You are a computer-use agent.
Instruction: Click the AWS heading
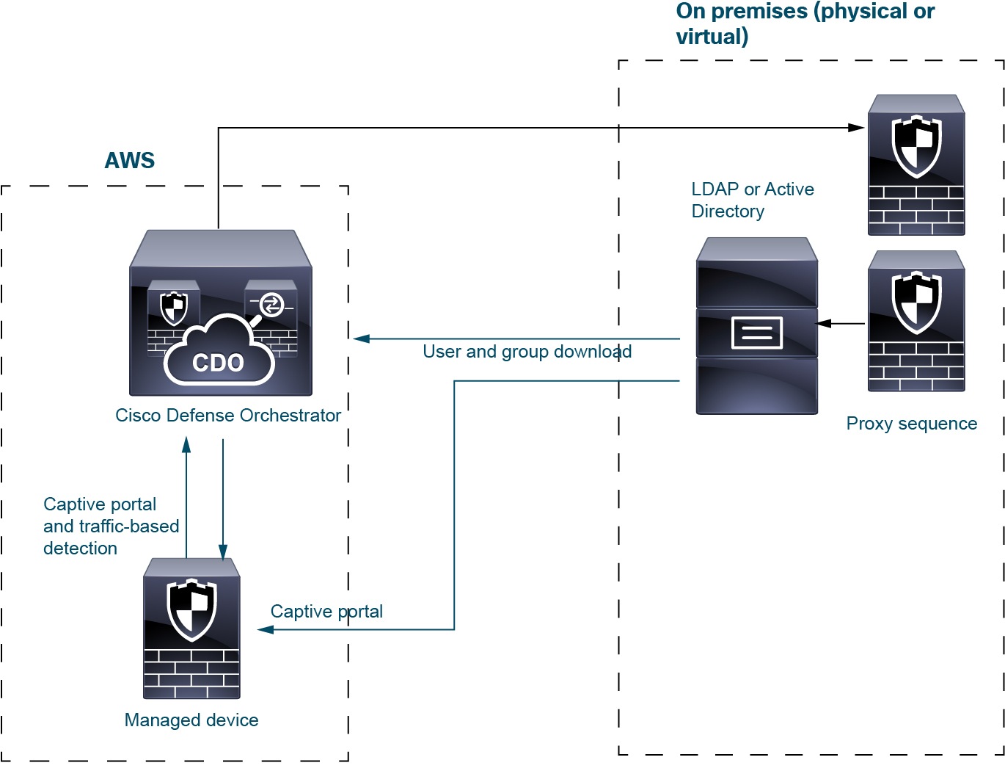point(130,161)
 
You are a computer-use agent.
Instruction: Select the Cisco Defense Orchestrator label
point(228,416)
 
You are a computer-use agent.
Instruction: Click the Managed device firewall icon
point(191,629)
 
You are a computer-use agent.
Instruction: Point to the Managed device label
point(191,720)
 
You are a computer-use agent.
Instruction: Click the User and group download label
point(527,352)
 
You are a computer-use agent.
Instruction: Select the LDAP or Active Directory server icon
point(756,326)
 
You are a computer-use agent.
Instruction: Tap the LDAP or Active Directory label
point(753,200)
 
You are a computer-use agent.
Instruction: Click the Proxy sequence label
point(911,424)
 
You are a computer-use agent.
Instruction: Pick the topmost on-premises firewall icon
point(916,165)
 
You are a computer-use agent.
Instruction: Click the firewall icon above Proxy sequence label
point(916,322)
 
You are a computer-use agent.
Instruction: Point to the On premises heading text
point(805,23)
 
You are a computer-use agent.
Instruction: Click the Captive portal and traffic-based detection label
point(111,526)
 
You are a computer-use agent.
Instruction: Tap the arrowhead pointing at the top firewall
point(857,128)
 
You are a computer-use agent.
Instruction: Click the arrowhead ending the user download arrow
point(361,339)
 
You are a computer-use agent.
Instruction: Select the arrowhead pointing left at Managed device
point(266,630)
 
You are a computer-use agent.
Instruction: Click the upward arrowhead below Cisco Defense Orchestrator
point(186,444)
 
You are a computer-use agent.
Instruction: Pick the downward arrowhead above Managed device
point(223,552)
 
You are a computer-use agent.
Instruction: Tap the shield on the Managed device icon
point(191,609)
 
